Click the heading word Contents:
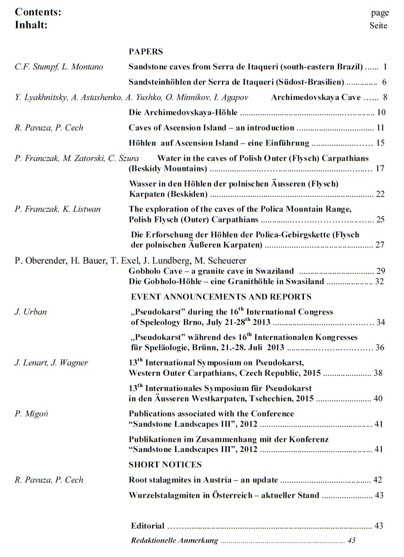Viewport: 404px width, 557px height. (38, 12)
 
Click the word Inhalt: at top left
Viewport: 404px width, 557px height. (31, 25)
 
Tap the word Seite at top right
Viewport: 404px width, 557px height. (378, 26)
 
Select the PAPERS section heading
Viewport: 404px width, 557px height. (146, 52)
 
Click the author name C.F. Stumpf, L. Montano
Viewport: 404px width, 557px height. (59, 67)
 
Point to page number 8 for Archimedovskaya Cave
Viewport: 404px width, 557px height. (385, 98)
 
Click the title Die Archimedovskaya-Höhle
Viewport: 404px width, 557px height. (183, 112)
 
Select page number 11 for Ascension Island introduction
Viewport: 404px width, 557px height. (380, 128)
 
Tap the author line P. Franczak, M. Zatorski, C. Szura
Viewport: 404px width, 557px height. (77, 158)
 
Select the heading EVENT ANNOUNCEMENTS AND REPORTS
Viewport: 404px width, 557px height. (221, 297)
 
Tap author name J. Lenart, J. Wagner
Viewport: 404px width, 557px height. (51, 362)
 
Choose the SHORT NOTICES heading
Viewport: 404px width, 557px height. (165, 465)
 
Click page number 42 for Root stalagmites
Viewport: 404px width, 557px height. (378, 480)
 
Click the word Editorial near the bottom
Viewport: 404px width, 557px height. (148, 526)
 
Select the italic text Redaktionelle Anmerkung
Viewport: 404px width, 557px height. (174, 541)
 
